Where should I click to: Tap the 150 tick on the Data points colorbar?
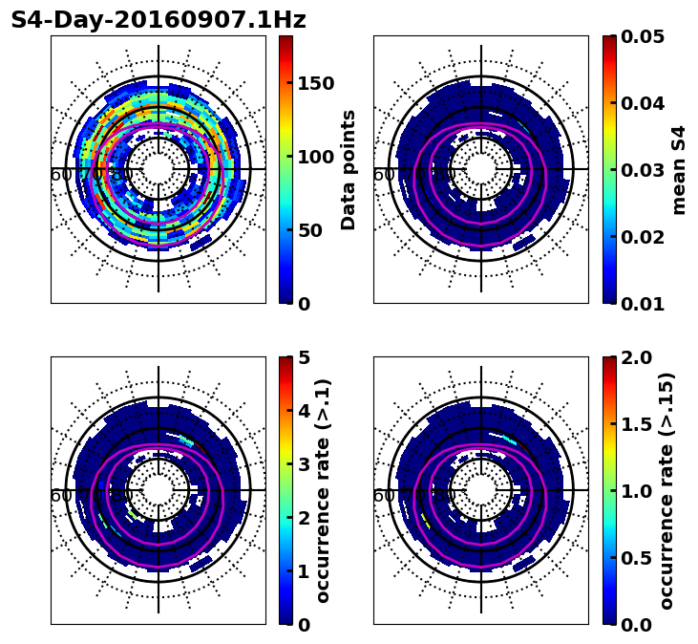point(316,83)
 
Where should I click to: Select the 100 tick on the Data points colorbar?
point(316,157)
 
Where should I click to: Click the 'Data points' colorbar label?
point(349,169)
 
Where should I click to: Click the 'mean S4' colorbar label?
point(679,169)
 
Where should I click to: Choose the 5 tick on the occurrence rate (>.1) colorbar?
point(304,357)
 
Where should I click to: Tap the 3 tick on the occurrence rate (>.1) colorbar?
point(304,464)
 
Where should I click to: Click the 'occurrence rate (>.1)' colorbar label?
point(324,490)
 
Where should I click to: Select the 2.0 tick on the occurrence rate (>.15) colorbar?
point(639,357)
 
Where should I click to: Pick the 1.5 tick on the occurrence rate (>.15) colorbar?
point(639,424)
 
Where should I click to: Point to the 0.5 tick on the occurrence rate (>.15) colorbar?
point(639,558)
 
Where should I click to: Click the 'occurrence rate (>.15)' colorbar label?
point(666,490)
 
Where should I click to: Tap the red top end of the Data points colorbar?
point(286,40)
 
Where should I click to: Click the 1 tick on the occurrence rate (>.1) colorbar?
point(304,571)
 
